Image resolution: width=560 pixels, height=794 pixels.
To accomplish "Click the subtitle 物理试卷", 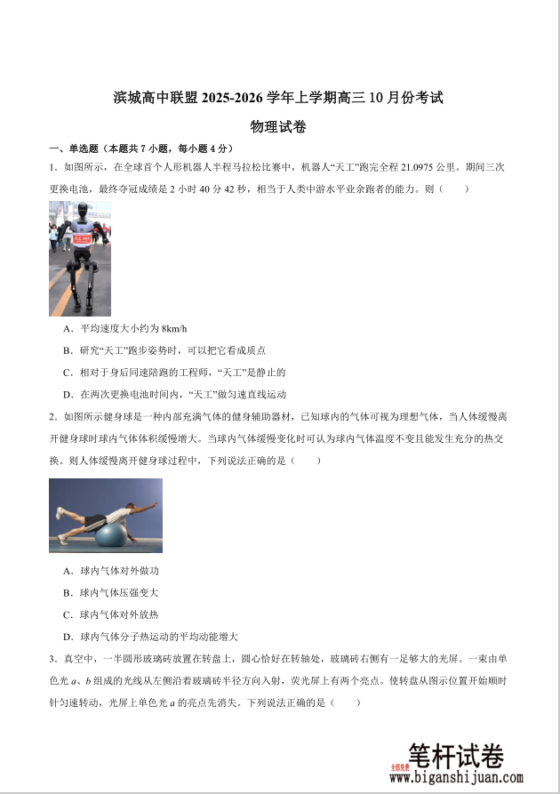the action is click(278, 127).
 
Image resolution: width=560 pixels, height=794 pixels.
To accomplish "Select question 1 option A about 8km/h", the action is click(125, 328).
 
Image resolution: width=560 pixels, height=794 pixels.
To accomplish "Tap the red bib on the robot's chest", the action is click(82, 238).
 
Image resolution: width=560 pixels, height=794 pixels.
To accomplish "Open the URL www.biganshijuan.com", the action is click(456, 778).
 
